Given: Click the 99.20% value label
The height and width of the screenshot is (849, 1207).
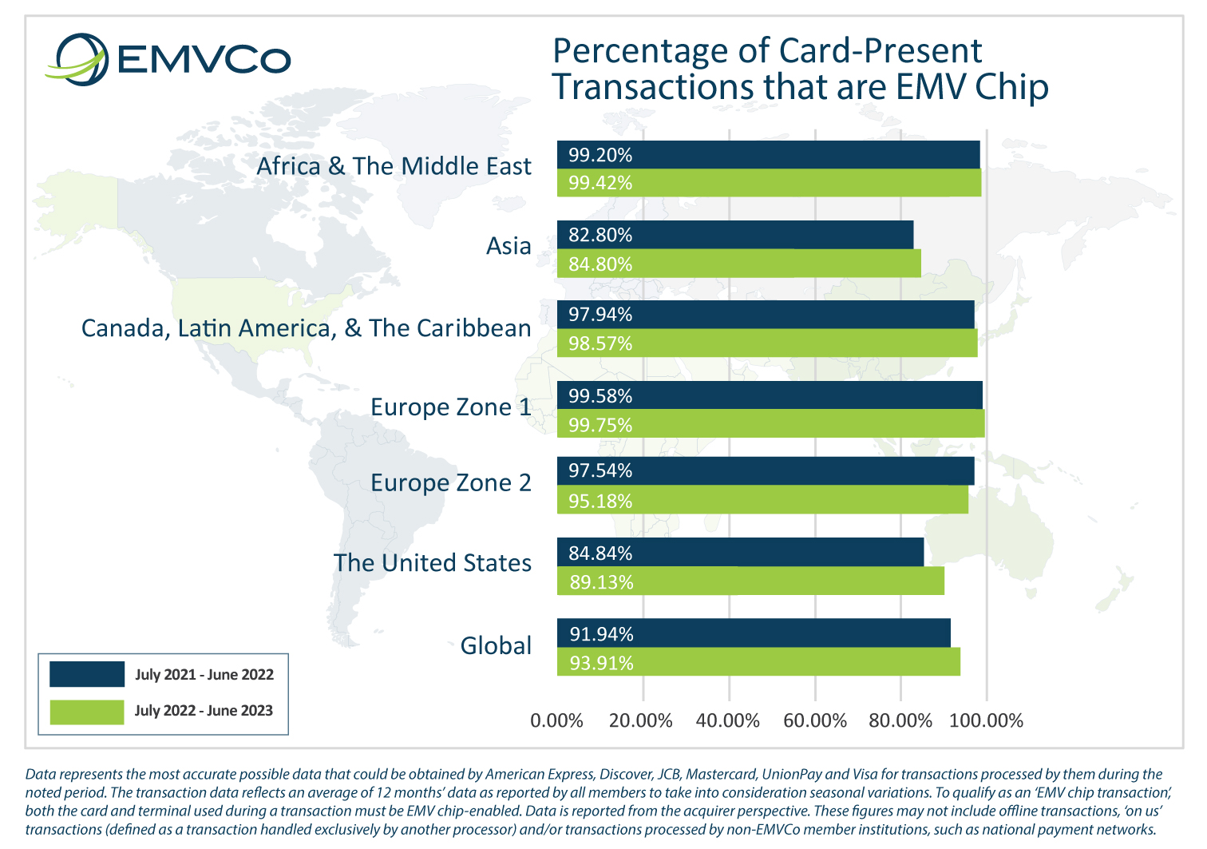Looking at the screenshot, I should pos(600,155).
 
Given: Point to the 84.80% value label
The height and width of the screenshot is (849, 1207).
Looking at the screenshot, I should pos(600,264).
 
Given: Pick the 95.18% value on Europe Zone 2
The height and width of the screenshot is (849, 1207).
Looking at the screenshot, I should pos(600,501).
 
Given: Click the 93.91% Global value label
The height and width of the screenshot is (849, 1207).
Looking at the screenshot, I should pos(601,663).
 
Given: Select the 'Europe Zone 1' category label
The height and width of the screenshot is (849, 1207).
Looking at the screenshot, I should pos(450,407).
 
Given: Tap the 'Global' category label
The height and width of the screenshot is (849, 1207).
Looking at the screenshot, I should pos(496,645).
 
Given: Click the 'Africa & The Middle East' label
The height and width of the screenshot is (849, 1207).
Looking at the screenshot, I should pos(394,166).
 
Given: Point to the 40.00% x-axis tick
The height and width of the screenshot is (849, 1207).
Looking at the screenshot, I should pos(728,721).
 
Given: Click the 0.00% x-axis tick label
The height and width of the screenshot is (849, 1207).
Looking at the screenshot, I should pos(556,721).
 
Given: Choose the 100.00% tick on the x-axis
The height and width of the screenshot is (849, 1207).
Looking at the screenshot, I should pos(986,721).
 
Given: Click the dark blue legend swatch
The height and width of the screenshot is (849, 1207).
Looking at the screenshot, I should pos(87,674).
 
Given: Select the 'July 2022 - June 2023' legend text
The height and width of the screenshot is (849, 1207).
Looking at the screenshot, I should pos(204,711).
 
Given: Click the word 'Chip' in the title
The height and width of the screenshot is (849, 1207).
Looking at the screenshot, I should pos(1011,86).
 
